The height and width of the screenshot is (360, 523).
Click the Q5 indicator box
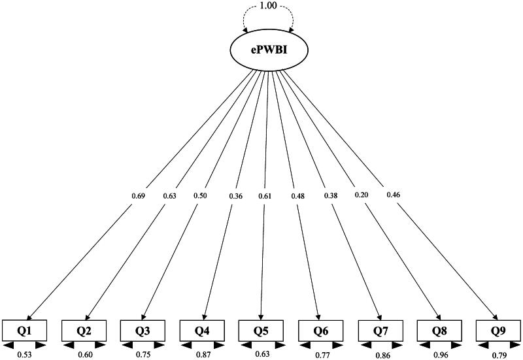(x=261, y=331)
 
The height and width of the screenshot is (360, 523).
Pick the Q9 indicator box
(x=498, y=331)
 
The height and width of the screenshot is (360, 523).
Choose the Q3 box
(x=143, y=331)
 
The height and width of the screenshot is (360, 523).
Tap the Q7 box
(x=380, y=331)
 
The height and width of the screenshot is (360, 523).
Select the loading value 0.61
(x=264, y=195)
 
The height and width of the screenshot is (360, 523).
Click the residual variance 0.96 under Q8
(x=440, y=355)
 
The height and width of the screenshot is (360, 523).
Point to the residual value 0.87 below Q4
(x=203, y=355)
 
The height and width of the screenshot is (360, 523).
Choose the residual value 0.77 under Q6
(x=321, y=355)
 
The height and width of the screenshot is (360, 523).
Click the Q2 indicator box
(x=84, y=331)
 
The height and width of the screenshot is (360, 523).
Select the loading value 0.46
(x=394, y=195)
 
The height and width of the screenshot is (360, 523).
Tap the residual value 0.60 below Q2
(x=84, y=355)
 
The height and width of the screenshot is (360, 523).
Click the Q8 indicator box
(x=439, y=331)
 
